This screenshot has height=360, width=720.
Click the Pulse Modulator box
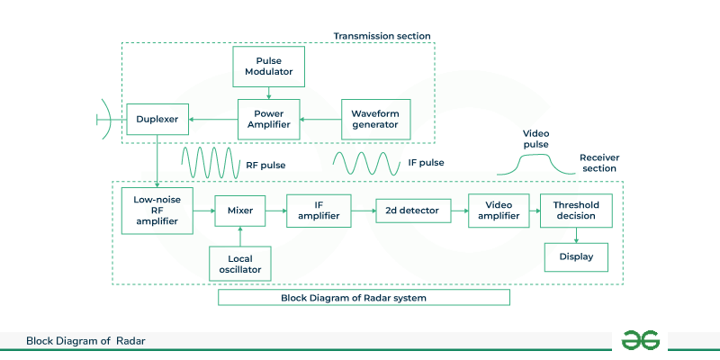pyautogui.click(x=268, y=66)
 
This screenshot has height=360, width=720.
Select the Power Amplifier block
pyautogui.click(x=268, y=118)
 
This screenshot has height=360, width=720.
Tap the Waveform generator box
pyautogui.click(x=375, y=118)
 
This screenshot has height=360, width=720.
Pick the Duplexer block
pyautogui.click(x=157, y=118)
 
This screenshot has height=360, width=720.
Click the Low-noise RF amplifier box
pyautogui.click(x=157, y=211)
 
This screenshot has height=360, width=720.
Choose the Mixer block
pyautogui.click(x=240, y=211)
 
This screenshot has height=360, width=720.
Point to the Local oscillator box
pyautogui.click(x=239, y=262)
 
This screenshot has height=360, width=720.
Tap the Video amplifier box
pyautogui.click(x=498, y=211)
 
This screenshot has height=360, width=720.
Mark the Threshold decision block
pyautogui.click(x=575, y=211)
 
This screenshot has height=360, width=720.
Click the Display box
pyautogui.click(x=575, y=258)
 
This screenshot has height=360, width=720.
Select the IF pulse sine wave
pyautogui.click(x=366, y=164)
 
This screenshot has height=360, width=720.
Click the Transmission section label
pyautogui.click(x=382, y=36)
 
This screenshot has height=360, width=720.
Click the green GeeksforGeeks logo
pyautogui.click(x=641, y=339)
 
